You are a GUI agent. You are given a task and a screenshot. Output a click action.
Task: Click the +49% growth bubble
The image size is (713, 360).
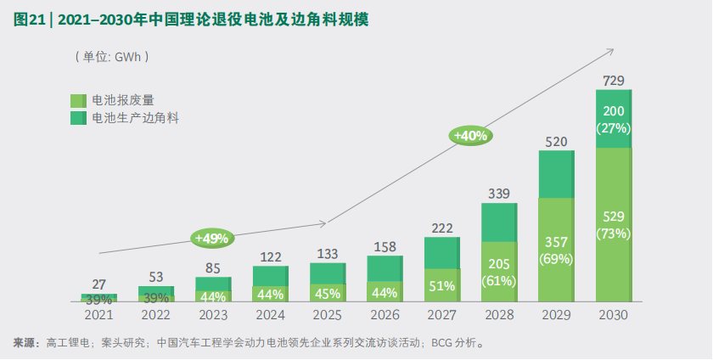pyautogui.click(x=211, y=238)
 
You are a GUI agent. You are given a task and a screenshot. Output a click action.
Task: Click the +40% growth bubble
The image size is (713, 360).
pyautogui.click(x=471, y=135)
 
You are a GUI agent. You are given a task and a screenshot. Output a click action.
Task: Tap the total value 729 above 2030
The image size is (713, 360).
pyautogui.click(x=613, y=81)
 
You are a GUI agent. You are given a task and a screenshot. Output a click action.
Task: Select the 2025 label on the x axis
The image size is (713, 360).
pyautogui.click(x=327, y=315)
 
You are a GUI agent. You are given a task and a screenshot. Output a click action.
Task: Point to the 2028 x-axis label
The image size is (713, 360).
pyautogui.click(x=499, y=315)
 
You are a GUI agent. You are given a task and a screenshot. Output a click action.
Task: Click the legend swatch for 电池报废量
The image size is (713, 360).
pyautogui.click(x=79, y=100)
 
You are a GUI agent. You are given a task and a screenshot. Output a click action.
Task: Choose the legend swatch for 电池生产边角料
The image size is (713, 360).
pyautogui.click(x=79, y=117)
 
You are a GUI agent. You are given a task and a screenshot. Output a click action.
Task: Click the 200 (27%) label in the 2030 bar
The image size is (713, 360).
pyautogui.click(x=613, y=120)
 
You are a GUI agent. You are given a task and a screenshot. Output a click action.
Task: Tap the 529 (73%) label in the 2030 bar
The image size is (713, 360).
pyautogui.click(x=613, y=224)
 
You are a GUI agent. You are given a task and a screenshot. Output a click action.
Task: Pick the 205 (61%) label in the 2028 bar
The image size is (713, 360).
pyautogui.click(x=499, y=271)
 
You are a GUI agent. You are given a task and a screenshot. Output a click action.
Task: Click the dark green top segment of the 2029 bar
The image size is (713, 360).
pyautogui.click(x=556, y=174)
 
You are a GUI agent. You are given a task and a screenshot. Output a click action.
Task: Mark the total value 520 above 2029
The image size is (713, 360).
pyautogui.click(x=556, y=142)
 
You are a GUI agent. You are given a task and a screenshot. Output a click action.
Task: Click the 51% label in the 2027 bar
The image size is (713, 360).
pyautogui.click(x=441, y=286)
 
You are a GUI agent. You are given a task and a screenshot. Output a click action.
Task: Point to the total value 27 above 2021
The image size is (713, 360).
pyautogui.click(x=98, y=284)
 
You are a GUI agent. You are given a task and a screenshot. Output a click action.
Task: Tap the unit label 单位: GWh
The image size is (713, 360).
pyautogui.click(x=112, y=56)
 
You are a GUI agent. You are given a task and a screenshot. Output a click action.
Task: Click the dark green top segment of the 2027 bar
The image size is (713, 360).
pyautogui.click(x=441, y=252)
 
